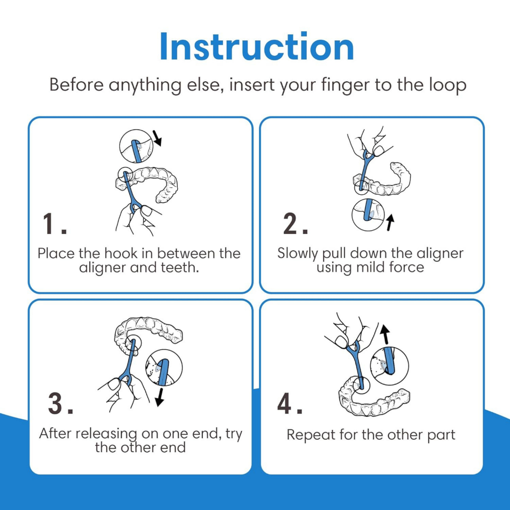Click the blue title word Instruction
click(257, 46)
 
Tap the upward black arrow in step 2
click(390, 223)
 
